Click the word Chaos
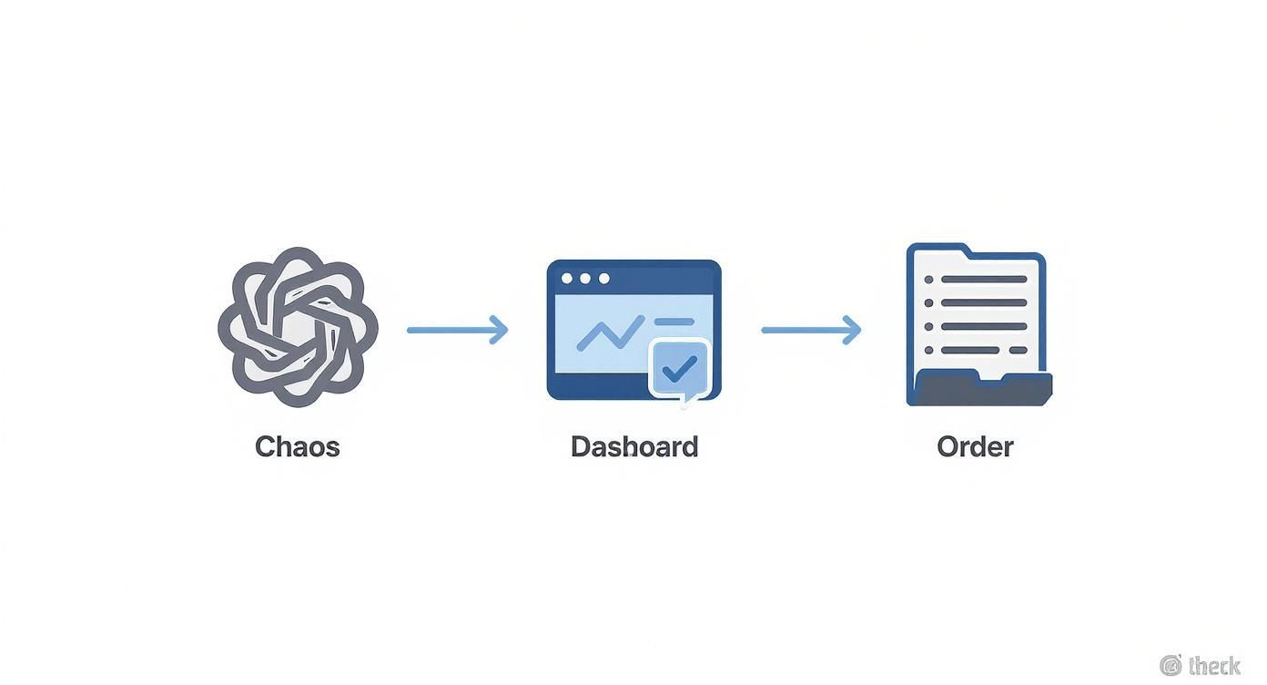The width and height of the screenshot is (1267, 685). coord(297,446)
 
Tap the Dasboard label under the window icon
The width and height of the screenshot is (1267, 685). coord(633,446)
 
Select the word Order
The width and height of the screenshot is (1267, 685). coord(975,446)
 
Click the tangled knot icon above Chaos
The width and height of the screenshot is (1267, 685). coord(298,326)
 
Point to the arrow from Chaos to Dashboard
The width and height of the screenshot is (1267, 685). coord(456,330)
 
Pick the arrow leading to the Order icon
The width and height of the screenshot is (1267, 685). coord(810,330)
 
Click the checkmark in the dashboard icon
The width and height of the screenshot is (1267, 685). coord(679,368)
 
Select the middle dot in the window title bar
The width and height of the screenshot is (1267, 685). coord(585,279)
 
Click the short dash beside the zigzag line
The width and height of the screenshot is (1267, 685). coord(674,322)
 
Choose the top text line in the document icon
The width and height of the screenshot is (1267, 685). coord(983,280)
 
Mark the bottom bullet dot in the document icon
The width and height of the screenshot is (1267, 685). coord(928,350)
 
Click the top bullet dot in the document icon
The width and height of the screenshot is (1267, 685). coord(928,280)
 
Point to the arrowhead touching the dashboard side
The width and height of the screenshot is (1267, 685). coord(499,330)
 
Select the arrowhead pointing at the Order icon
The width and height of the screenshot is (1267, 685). coord(852,330)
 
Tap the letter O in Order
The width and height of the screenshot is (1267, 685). coord(948,446)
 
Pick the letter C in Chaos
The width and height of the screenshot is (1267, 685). coord(265,446)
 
